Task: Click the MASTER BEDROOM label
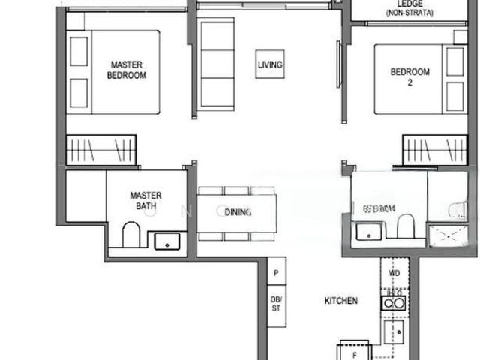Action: point(126,70)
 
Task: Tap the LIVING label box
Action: point(269,65)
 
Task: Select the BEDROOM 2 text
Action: point(409,76)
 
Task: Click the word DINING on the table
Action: point(237,212)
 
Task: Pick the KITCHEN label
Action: point(340,301)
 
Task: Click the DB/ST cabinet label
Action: point(276,303)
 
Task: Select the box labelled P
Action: point(276,273)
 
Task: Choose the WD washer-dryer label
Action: point(394,273)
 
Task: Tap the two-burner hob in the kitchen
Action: point(393,302)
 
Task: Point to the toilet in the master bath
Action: point(130,234)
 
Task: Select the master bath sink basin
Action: point(166,241)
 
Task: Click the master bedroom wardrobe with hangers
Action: point(100,149)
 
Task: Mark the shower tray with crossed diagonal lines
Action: point(447,236)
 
